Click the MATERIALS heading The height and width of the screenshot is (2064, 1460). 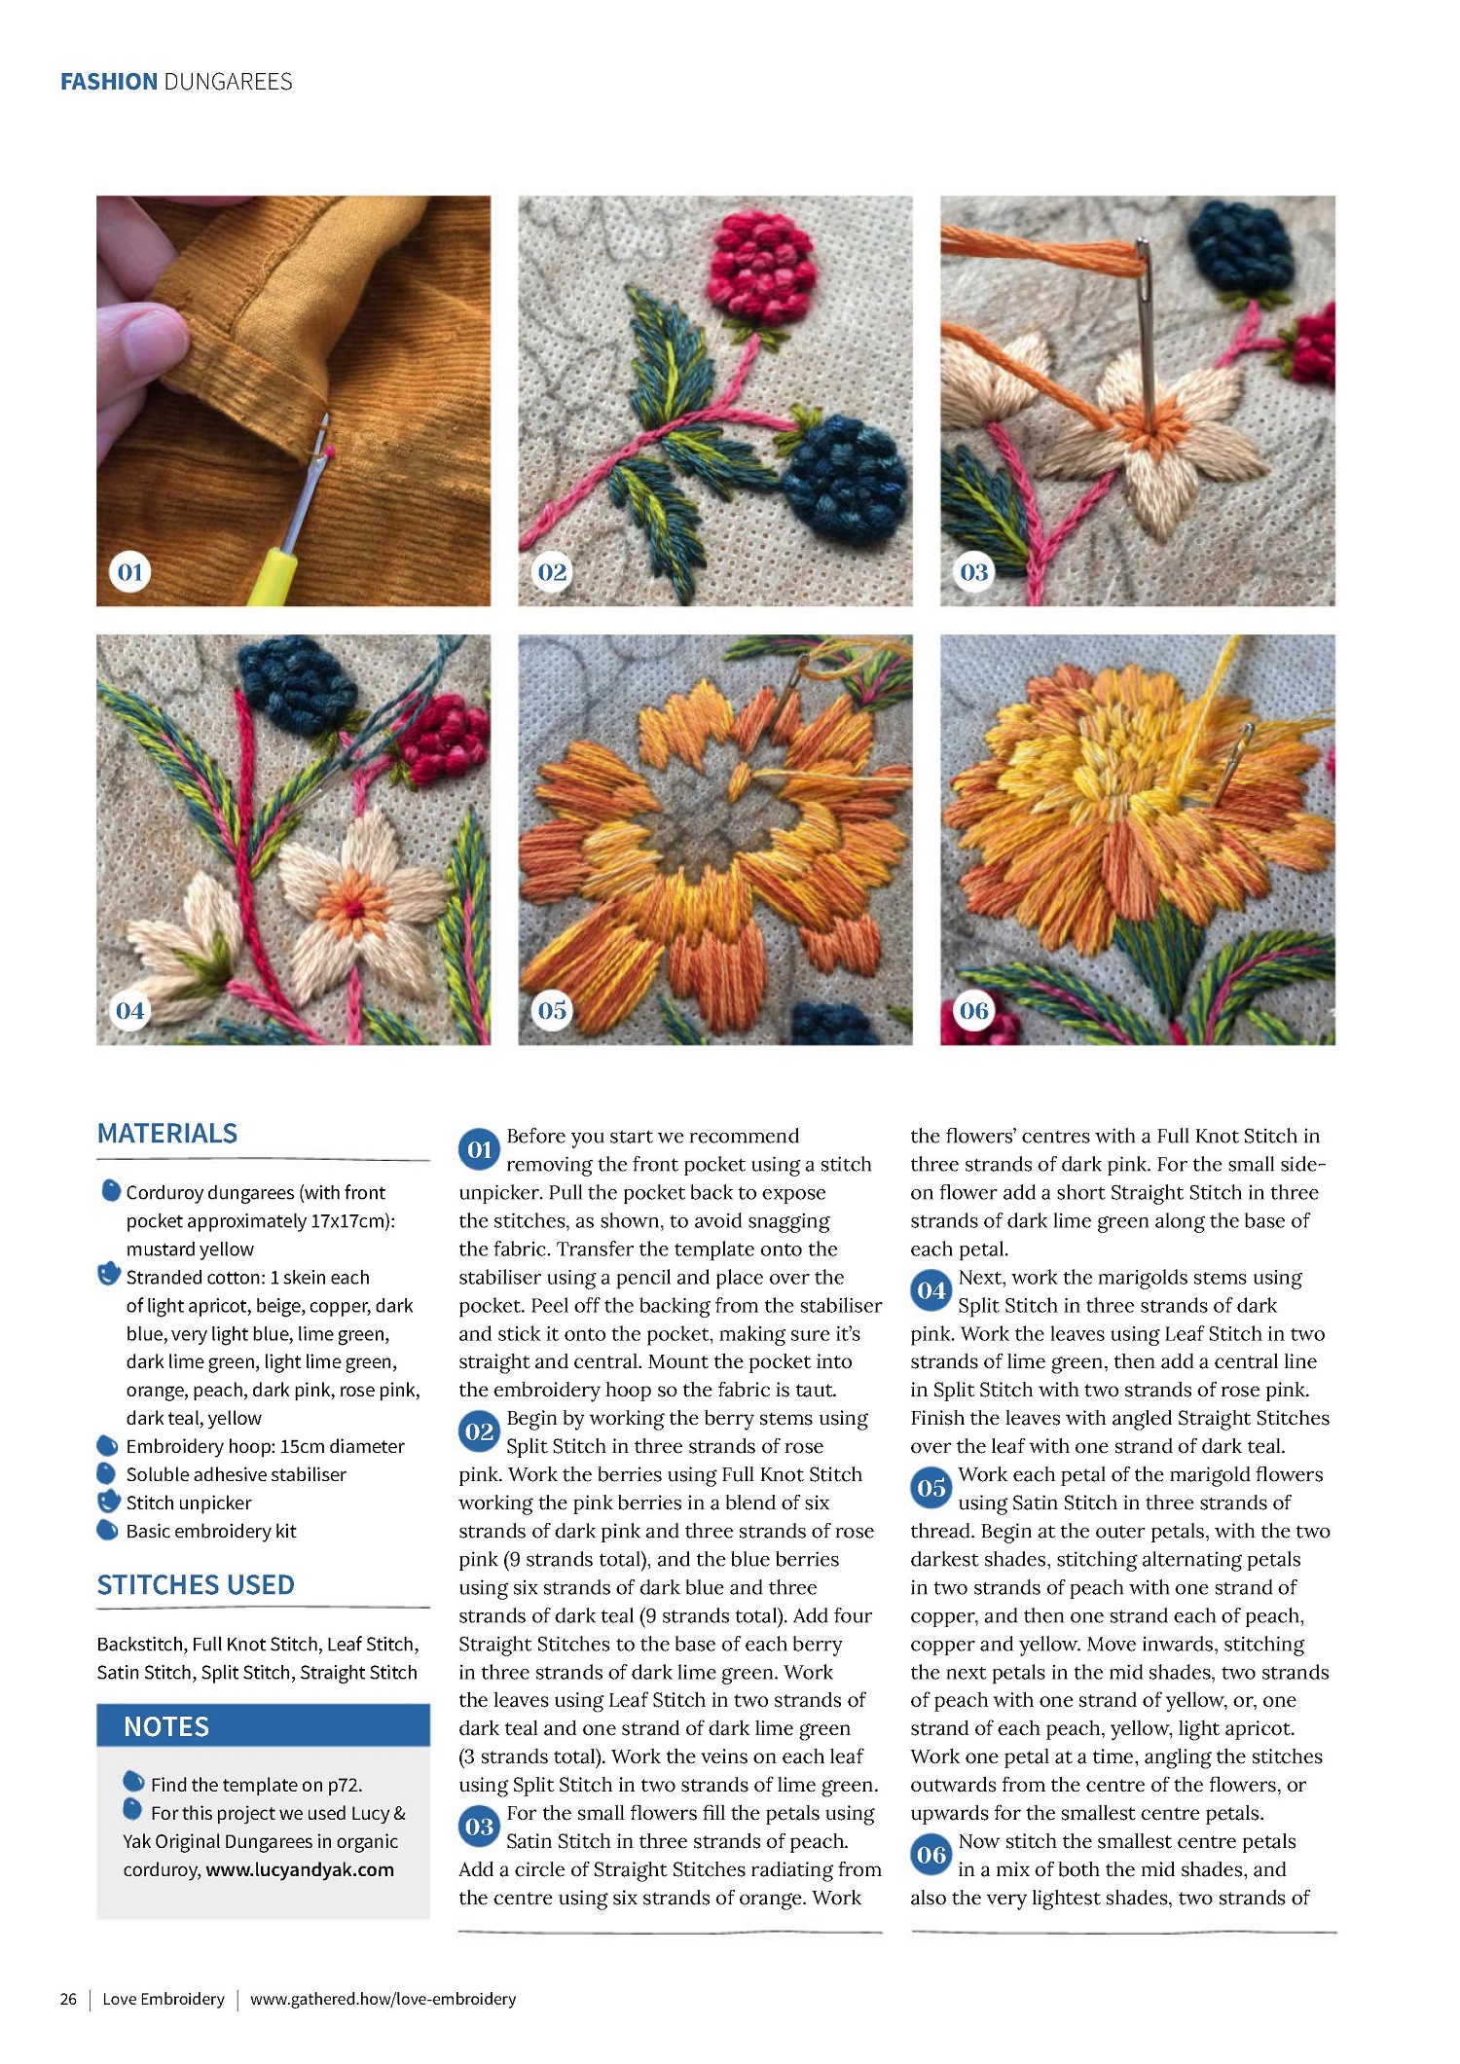coord(167,1134)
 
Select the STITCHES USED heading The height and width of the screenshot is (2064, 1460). coord(196,1585)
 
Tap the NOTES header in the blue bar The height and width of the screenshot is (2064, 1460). coord(166,1726)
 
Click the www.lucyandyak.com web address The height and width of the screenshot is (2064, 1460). coord(300,1869)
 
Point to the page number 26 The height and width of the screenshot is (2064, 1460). coord(68,1999)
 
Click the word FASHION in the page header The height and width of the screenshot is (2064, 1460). coord(109,82)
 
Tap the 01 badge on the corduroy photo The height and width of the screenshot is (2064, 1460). coord(129,572)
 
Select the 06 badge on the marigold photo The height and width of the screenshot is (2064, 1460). coord(973,1010)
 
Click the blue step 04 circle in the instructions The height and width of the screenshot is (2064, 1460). coord(931,1290)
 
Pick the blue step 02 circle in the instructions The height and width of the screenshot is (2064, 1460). coord(479,1431)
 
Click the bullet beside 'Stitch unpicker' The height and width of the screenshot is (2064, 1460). coord(109,1502)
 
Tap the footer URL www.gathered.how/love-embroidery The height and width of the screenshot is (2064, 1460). coord(383,1999)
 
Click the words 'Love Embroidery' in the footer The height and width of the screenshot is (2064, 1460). coord(164,1999)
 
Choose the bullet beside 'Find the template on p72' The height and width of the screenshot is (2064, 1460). coord(133,1782)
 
